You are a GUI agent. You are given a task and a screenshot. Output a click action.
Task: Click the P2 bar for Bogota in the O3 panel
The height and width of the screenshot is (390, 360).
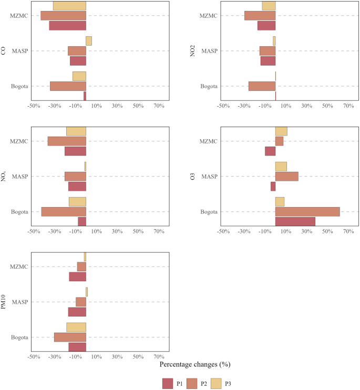pos(307,212)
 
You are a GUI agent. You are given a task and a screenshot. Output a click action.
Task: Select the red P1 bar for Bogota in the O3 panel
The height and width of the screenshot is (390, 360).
pos(295,222)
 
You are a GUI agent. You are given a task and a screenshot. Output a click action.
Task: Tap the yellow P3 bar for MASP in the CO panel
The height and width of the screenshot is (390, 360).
pos(89,41)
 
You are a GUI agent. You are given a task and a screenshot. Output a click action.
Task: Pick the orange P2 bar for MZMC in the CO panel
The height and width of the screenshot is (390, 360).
pos(63,16)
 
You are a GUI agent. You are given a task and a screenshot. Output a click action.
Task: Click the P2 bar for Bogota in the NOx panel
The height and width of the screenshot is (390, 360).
pos(64,212)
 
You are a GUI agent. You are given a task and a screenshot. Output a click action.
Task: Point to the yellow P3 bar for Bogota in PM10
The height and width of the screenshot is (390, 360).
pos(76,327)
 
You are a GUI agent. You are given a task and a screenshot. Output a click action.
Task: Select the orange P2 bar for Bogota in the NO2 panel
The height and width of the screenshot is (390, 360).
pos(262,86)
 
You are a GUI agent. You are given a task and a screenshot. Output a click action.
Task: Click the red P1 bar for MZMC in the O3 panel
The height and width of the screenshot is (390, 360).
pos(270,151)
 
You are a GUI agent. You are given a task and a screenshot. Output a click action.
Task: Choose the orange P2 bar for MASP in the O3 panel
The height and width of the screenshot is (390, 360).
pos(287,177)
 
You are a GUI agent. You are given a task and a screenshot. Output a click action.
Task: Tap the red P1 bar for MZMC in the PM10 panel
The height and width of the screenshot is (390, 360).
pos(77,276)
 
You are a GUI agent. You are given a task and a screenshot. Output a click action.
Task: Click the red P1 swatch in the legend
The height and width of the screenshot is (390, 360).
pos(168,384)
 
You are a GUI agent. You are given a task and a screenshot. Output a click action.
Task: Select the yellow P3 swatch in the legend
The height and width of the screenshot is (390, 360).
pos(216,384)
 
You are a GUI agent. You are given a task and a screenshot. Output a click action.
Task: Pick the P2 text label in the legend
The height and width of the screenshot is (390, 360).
pos(204,384)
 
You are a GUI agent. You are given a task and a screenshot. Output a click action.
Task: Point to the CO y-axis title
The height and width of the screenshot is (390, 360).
pos(4,51)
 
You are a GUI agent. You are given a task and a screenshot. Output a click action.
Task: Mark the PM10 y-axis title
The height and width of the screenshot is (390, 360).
pos(4,302)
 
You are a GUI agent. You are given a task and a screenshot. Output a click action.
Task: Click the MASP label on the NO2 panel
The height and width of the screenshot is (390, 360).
pos(210,51)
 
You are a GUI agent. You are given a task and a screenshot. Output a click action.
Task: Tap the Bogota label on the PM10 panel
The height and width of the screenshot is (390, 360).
pos(19,337)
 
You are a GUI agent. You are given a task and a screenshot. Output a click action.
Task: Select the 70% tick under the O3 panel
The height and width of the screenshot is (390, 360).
pos(348,232)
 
